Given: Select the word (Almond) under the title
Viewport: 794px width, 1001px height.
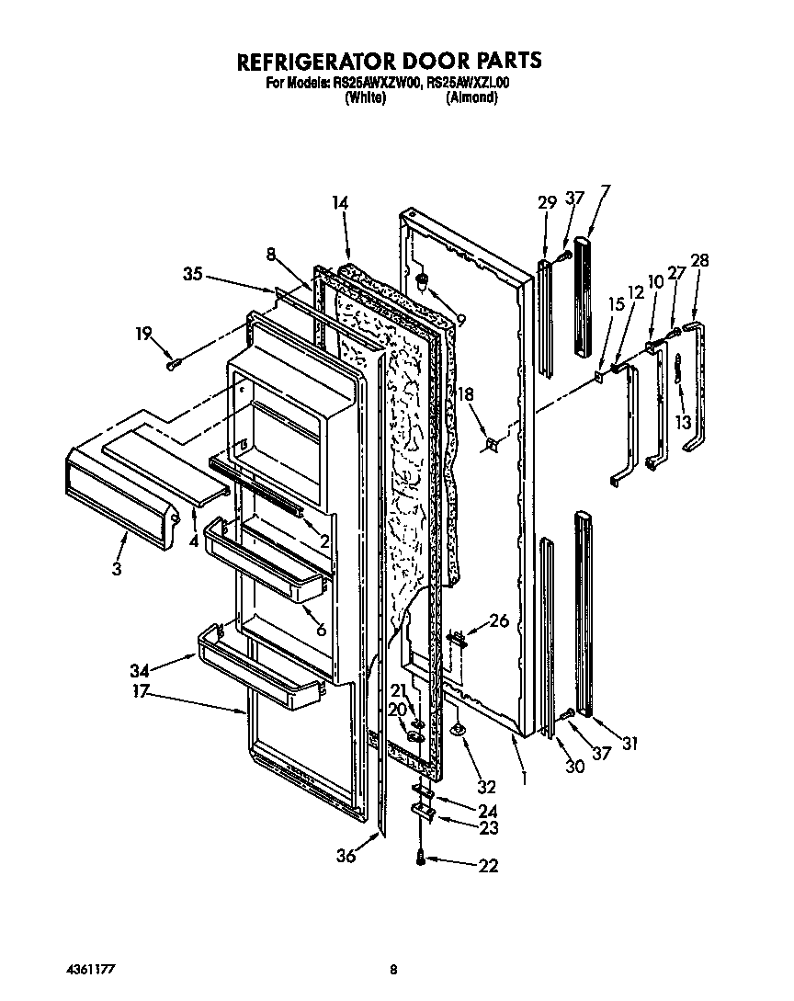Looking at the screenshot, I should coord(471,97).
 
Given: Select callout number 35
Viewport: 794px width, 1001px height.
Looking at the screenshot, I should coord(192,273).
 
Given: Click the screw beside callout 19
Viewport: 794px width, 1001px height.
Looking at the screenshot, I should coord(173,364).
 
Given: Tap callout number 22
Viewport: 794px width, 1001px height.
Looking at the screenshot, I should coord(488,865).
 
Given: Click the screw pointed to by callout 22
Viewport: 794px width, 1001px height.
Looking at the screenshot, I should coord(422,857).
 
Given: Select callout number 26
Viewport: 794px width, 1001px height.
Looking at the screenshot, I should coord(498,620).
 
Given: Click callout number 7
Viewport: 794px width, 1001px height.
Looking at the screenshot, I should coord(605,191).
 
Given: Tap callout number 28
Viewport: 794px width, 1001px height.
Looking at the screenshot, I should coord(699,261).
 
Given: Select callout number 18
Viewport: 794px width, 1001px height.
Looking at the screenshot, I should coord(466,394).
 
